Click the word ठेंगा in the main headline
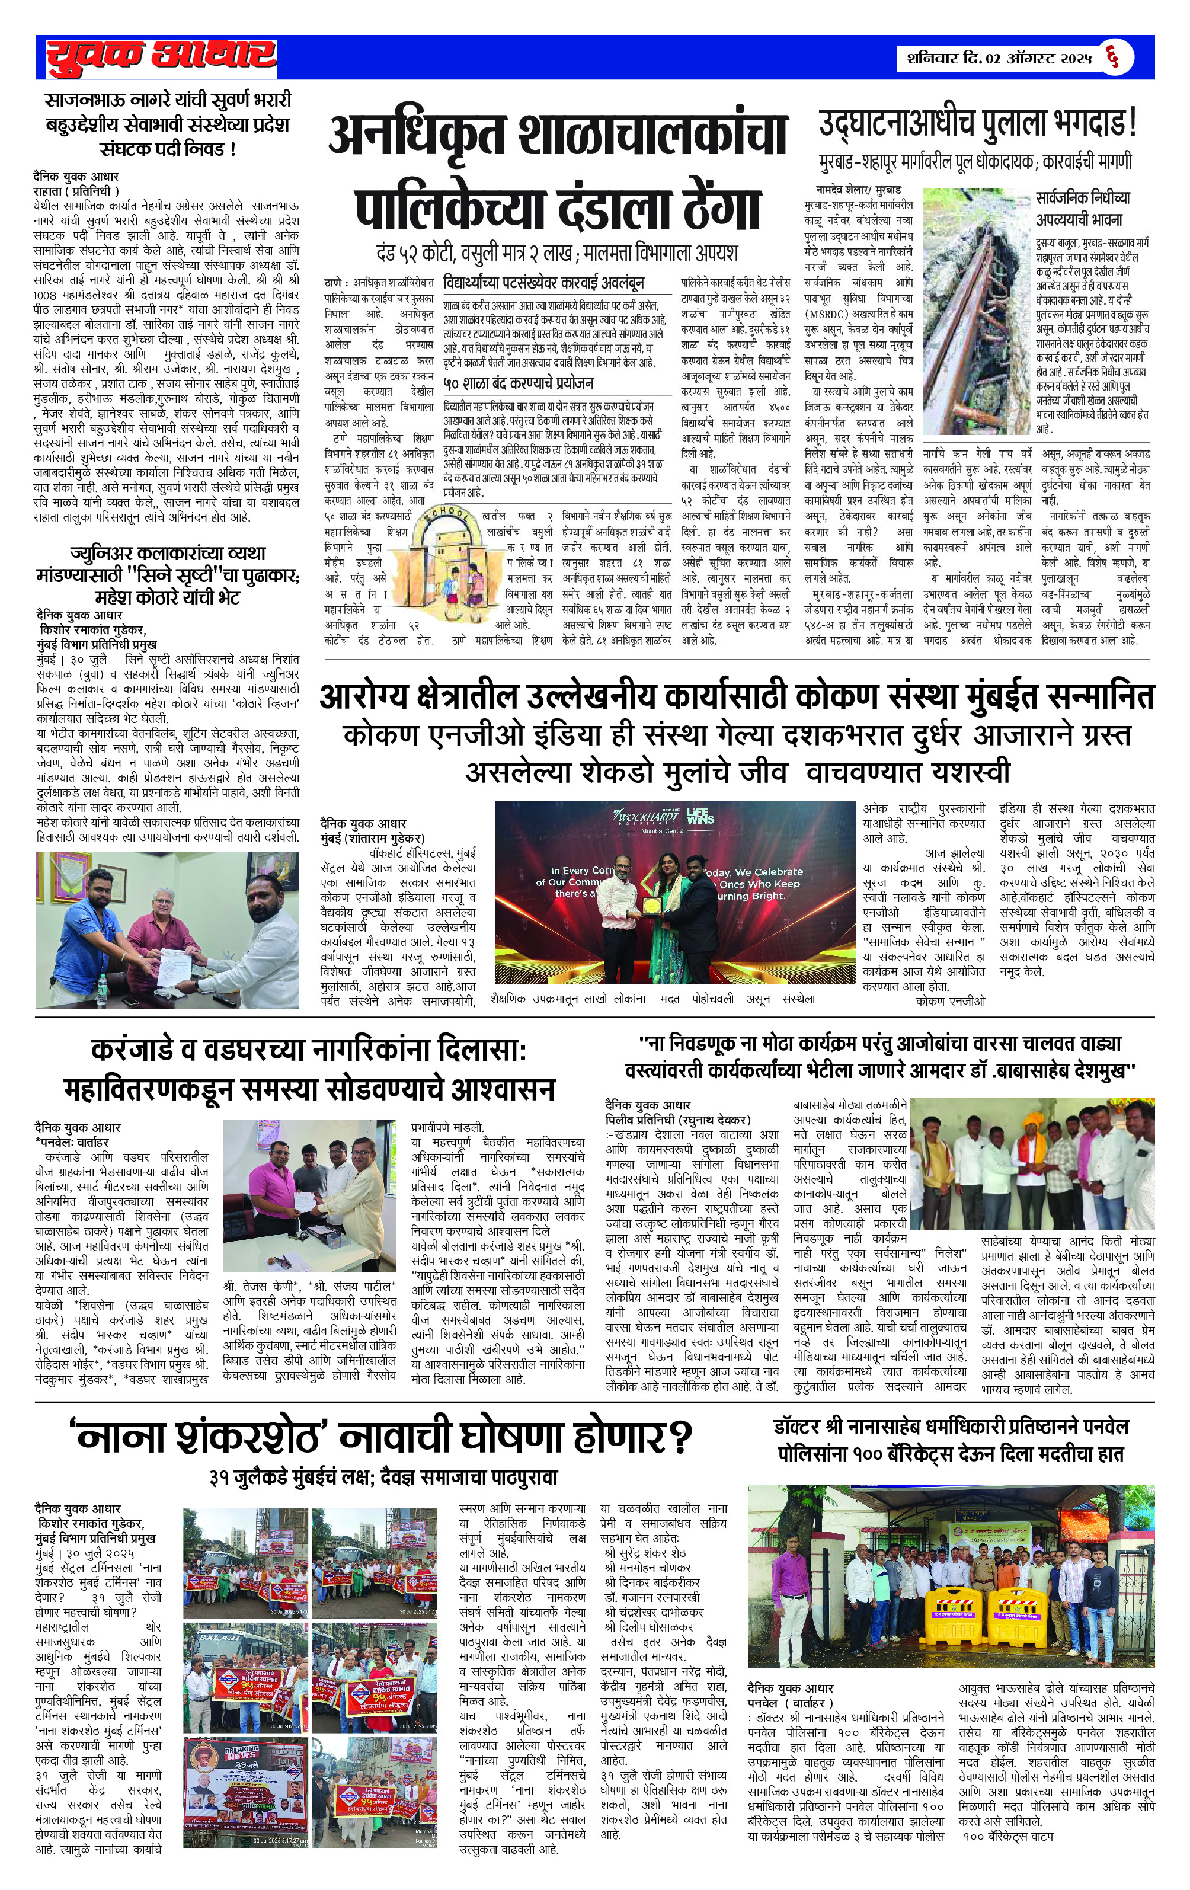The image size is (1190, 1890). tap(699, 206)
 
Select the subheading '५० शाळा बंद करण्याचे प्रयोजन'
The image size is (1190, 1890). tap(518, 383)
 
